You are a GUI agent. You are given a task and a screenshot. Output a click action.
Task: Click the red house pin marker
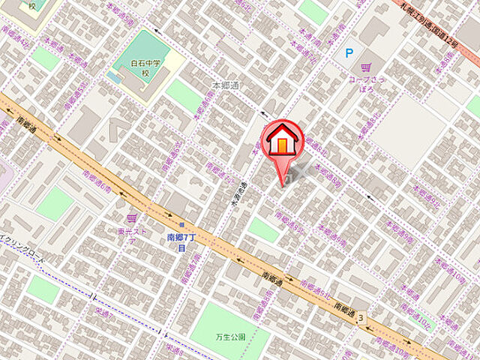pyautogui.click(x=282, y=142)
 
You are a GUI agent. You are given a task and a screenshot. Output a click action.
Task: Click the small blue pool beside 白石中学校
pyautogui.click(x=114, y=77)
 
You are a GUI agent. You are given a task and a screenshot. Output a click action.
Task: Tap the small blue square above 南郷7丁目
pyautogui.click(x=181, y=224)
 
